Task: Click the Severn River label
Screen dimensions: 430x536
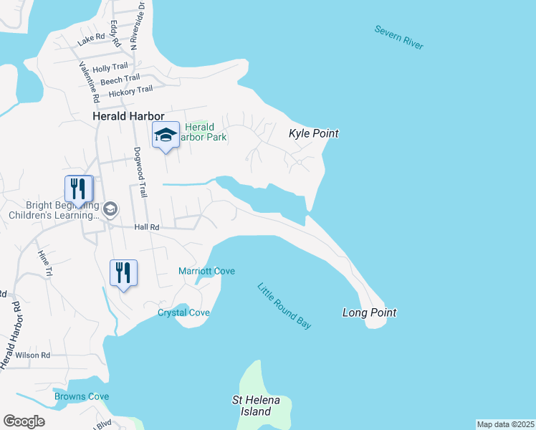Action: coord(398,37)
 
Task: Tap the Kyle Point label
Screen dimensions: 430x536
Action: coord(313,133)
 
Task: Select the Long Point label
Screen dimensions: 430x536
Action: coord(369,312)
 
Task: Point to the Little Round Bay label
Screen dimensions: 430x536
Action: coord(284,306)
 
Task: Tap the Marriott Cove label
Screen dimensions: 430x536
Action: coord(206,271)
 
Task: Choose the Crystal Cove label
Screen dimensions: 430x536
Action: coord(183,312)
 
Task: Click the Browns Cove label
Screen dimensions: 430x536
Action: coord(82,396)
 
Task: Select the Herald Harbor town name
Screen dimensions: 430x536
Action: coord(128,116)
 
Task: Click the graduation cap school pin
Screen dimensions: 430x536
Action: coord(166,135)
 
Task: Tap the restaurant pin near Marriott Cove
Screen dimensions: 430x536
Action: coord(123,273)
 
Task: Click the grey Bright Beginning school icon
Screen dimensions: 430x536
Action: coord(110,209)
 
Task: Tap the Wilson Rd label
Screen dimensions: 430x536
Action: coord(33,355)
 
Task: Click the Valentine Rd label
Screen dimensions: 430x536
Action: coord(89,79)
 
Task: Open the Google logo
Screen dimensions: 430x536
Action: coord(24,421)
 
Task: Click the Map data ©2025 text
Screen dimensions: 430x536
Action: coord(505,424)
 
